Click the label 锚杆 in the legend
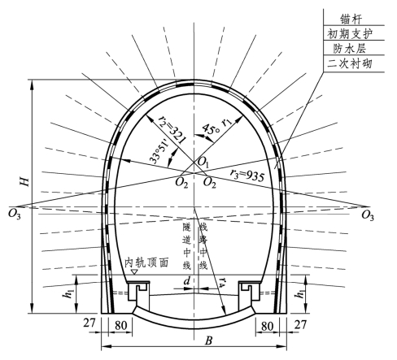(x=351, y=20)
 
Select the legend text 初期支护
(x=350, y=34)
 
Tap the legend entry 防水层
(x=350, y=49)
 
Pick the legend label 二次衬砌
(x=350, y=64)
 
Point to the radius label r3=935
(x=247, y=176)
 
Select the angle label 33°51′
(x=159, y=152)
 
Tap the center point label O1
(x=203, y=163)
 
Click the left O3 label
(x=15, y=214)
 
